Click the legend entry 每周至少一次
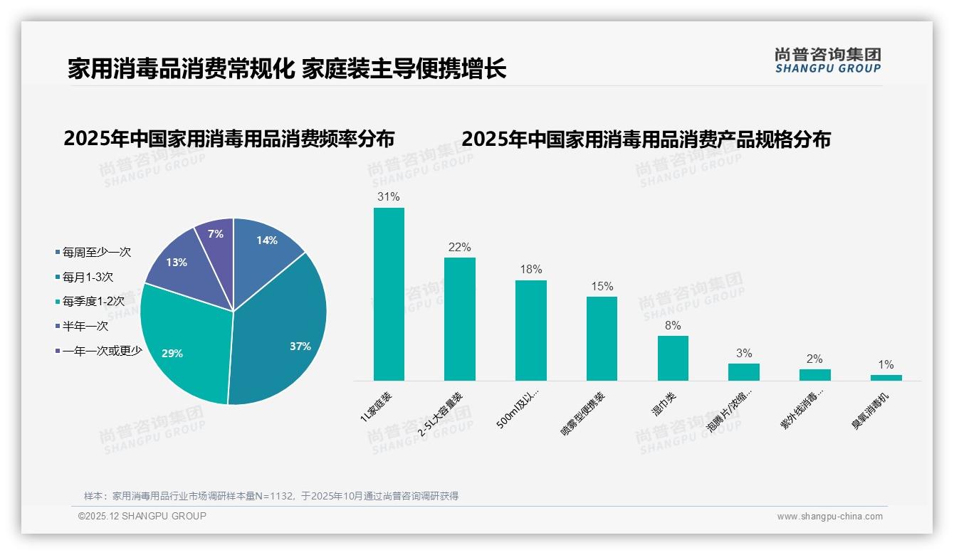[x=96, y=252]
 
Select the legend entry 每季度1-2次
[x=93, y=302]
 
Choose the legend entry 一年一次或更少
[x=102, y=351]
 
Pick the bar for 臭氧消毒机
[x=886, y=377]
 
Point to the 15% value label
[x=602, y=287]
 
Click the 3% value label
[x=744, y=354]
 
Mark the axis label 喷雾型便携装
[x=584, y=413]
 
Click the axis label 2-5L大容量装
[x=441, y=413]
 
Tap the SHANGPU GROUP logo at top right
[x=828, y=60]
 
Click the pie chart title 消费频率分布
[x=229, y=139]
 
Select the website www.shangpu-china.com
[x=829, y=516]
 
